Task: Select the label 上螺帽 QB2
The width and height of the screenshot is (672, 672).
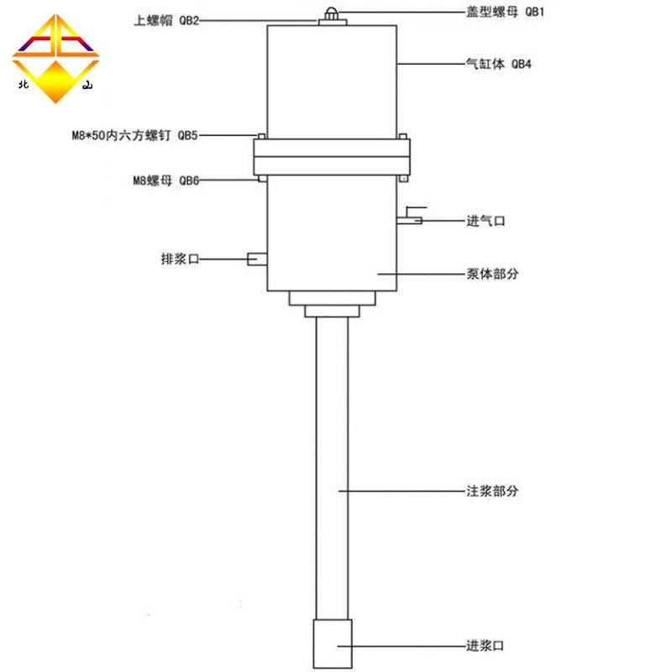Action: (x=166, y=20)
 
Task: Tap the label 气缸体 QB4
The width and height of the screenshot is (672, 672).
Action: (x=499, y=64)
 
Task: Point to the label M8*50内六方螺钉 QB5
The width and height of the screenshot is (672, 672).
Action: (x=135, y=134)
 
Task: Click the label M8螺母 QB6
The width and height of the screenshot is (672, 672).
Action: (x=165, y=179)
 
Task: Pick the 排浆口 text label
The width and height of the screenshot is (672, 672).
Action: (x=179, y=259)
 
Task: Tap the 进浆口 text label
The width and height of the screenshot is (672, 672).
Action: (x=486, y=646)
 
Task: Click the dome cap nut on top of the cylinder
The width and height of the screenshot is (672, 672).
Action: (x=333, y=12)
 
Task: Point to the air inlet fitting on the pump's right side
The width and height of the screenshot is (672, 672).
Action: (x=410, y=220)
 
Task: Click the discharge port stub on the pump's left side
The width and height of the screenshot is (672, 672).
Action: (x=257, y=260)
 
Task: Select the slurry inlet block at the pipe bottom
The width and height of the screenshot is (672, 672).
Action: (x=333, y=644)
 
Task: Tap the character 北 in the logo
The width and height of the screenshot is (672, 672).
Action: (x=23, y=84)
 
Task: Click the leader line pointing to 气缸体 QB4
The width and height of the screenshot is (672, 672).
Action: (x=428, y=64)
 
